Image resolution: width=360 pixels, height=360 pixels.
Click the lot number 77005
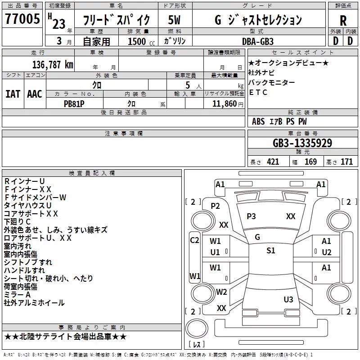pos(22,18)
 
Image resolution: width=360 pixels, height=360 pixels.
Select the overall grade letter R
pos(343,21)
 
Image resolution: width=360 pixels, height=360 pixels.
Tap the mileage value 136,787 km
pos(53,65)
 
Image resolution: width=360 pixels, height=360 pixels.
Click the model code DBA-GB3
pos(258,41)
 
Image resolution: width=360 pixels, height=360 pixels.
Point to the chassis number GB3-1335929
pos(302,143)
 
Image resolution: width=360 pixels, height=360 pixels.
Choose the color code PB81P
pos(74,104)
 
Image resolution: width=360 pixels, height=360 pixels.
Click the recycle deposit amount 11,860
pos(224,104)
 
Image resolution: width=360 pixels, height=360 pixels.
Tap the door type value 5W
pos(174,20)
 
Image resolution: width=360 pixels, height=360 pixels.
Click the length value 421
pos(273,162)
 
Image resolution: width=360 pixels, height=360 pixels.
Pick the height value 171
pos(346,162)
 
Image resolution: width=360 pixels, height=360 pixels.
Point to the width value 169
pos(310,162)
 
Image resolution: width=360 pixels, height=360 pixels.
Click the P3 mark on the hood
pos(251,216)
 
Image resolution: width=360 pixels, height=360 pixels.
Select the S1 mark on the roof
pos(271,251)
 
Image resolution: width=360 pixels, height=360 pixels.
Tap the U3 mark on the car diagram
pos(288,300)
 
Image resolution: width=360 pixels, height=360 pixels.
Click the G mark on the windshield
pos(257,237)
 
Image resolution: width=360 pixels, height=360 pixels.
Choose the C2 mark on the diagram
pos(194,240)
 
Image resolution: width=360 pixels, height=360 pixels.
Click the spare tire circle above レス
pos(197,328)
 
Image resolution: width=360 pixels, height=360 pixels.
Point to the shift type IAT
pos(13,94)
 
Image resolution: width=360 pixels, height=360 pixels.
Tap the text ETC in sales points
pos(258,92)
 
